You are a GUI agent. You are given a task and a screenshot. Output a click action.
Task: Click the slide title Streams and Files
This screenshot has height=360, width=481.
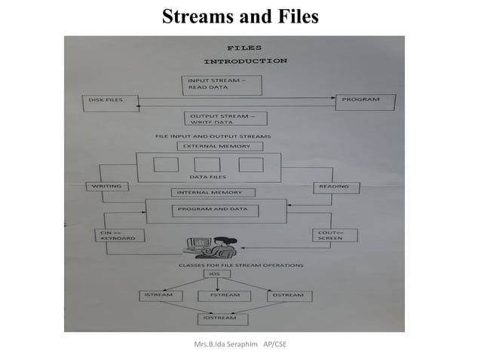coord(240,16)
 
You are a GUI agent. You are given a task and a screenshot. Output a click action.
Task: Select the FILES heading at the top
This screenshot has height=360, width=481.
coord(240,47)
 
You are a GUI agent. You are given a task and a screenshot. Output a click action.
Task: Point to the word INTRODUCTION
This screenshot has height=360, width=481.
coord(246,60)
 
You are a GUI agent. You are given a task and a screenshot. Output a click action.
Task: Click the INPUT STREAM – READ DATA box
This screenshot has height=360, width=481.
coord(222,84)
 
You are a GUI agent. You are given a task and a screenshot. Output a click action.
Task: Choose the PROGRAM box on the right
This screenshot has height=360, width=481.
coord(366,100)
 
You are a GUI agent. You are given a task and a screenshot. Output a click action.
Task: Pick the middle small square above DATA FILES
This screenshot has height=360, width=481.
coord(207,164)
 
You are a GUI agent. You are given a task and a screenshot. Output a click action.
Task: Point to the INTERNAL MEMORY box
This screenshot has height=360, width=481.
coord(212,193)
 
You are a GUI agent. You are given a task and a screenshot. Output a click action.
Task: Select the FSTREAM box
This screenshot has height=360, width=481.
coord(219,295)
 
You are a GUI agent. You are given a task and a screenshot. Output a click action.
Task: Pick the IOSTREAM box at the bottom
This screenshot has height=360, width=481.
coord(218,318)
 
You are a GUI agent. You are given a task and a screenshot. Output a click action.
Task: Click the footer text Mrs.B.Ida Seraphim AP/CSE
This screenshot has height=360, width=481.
coord(240,344)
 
